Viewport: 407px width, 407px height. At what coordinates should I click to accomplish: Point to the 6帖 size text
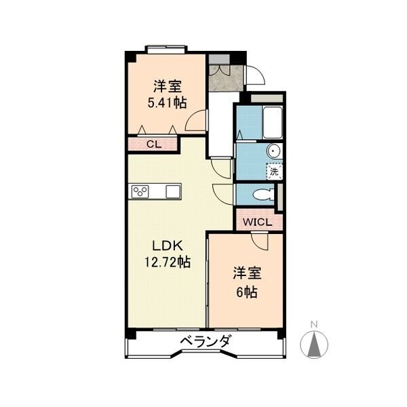point(246,292)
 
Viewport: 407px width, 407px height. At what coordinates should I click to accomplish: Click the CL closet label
point(154,144)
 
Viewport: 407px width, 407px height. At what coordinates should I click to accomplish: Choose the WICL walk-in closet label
point(258,222)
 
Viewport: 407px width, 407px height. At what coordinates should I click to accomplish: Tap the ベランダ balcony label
point(205,341)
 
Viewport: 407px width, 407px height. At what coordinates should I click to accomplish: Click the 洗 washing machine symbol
point(274,172)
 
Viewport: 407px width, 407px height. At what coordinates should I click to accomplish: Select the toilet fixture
point(261,195)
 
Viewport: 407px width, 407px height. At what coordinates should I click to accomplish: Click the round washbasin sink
point(273,151)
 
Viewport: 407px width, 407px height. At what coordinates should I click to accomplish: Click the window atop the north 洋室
point(166,48)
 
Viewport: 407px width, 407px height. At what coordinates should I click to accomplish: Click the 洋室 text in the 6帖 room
point(247,274)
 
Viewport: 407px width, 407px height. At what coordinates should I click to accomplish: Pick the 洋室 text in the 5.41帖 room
point(166,86)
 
